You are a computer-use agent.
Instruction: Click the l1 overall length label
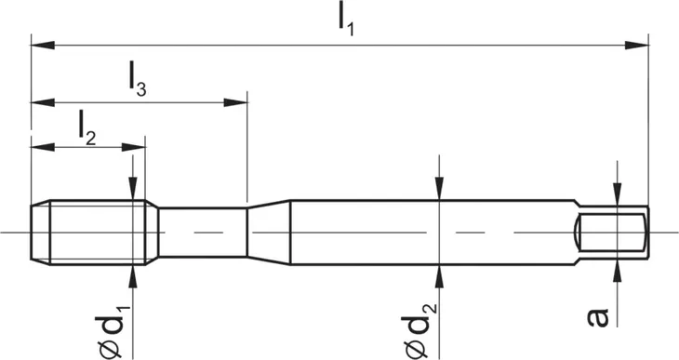tap(346, 21)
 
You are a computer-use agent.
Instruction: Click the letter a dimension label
tap(598, 316)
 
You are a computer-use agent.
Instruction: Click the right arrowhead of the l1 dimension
tap(636, 45)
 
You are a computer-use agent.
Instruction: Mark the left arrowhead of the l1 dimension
tap(43, 45)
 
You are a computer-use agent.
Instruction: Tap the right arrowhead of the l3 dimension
tap(235, 102)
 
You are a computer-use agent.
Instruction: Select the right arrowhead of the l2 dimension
tap(133, 147)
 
